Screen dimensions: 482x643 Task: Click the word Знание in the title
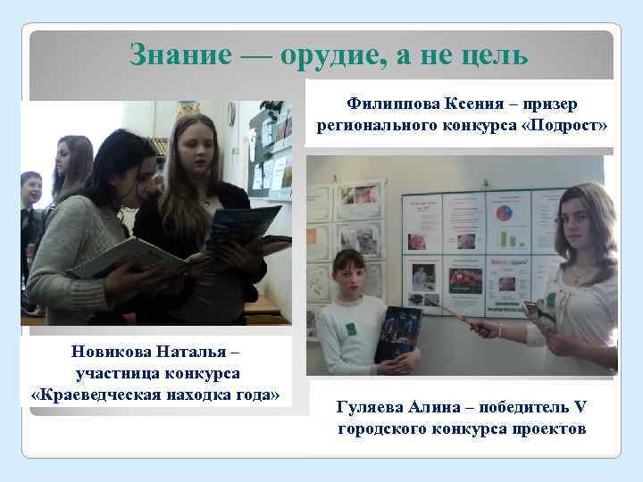179,54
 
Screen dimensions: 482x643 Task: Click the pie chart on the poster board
505,214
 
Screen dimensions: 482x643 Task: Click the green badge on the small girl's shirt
351,328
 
